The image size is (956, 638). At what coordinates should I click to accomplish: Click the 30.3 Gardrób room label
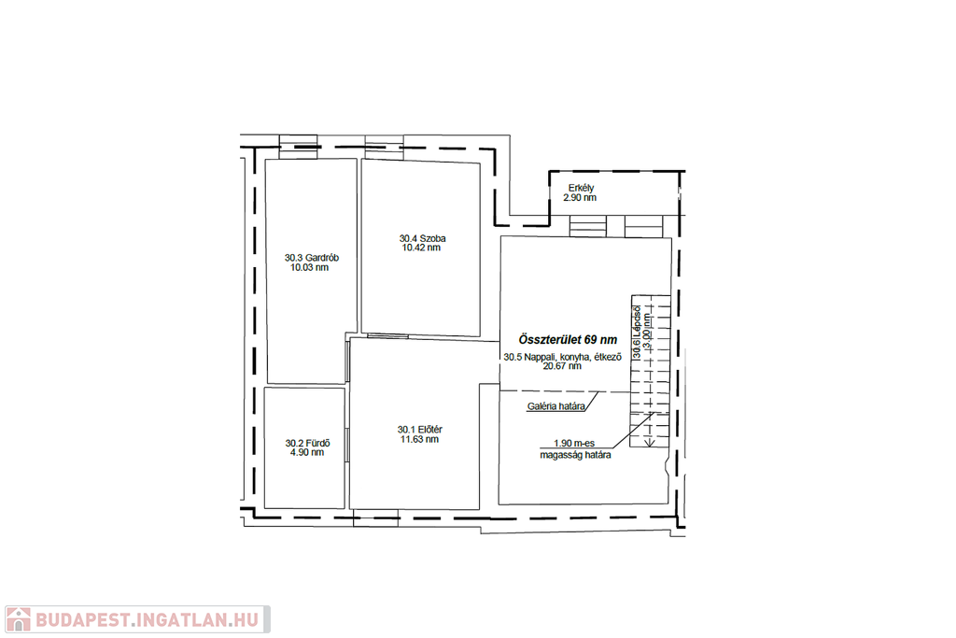coord(312,258)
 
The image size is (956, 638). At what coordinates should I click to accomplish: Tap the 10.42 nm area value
coord(421,248)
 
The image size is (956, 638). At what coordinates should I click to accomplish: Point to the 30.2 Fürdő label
coord(308,444)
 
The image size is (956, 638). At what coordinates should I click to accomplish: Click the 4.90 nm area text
coord(307,452)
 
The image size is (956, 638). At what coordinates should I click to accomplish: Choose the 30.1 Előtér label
coord(420,430)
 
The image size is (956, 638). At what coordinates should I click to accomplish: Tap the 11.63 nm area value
coord(419,439)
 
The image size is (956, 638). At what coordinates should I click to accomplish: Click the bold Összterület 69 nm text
coord(568,340)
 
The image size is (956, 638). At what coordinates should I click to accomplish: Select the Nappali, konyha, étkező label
coord(572,358)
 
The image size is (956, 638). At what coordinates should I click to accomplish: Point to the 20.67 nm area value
coord(562,366)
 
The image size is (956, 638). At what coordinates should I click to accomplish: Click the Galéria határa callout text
coord(556,407)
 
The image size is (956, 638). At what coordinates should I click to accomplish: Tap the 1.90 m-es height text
coord(574,444)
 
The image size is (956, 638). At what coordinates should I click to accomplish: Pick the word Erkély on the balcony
coord(581,189)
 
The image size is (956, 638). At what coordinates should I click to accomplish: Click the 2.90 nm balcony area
coord(580,198)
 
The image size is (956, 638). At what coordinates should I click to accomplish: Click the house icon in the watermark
coord(18,619)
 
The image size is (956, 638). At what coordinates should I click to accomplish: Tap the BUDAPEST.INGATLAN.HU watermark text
coord(148,620)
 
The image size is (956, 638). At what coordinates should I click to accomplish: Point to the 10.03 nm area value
coord(309,267)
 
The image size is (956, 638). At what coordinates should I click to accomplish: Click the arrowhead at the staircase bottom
coord(650,442)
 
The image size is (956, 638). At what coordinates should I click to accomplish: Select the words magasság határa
coord(575,455)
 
